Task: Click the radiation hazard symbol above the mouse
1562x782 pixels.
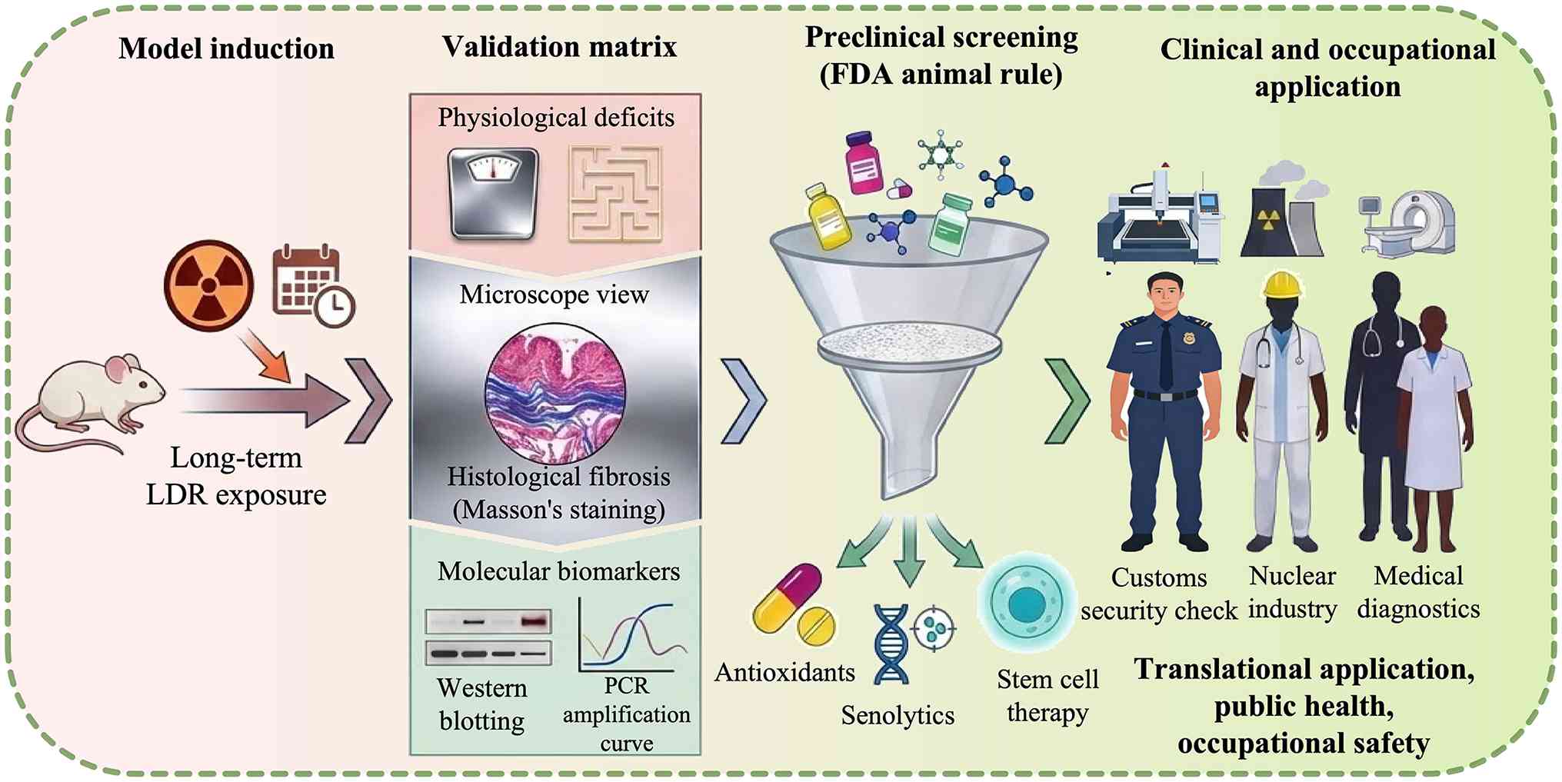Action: (x=208, y=285)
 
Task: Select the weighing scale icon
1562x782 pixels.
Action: (x=493, y=193)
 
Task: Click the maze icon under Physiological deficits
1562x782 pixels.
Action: (x=614, y=194)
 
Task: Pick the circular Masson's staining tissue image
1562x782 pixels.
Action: (x=555, y=393)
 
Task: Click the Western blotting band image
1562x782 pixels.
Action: (x=488, y=637)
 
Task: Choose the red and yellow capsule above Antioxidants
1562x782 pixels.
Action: (x=787, y=595)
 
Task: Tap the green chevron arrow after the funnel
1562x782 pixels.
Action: (x=1067, y=401)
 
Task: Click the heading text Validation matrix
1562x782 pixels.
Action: (x=559, y=47)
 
